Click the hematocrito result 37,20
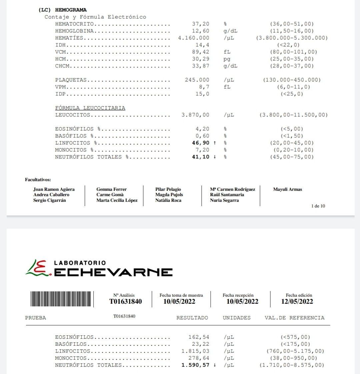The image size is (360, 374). coord(201,24)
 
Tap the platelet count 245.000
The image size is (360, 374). coord(197,80)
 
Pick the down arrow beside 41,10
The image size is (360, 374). coord(215,157)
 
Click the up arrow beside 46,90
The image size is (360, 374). coord(215,143)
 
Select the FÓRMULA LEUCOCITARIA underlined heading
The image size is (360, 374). coord(90,108)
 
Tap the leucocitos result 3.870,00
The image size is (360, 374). coord(195,115)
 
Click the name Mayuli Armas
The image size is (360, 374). coord(287,189)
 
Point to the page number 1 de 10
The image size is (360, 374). coord(318,206)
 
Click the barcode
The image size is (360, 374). coord(62,299)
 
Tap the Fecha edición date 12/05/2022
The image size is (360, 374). coord(297,302)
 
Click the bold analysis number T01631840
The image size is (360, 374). coord(125,302)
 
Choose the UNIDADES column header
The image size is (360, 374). coord(237,318)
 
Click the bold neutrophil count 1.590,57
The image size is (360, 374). coord(195,365)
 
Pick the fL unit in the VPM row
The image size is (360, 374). coord(227,87)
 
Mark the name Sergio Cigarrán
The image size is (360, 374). coord(49,200)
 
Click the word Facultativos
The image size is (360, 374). coord(38,180)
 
